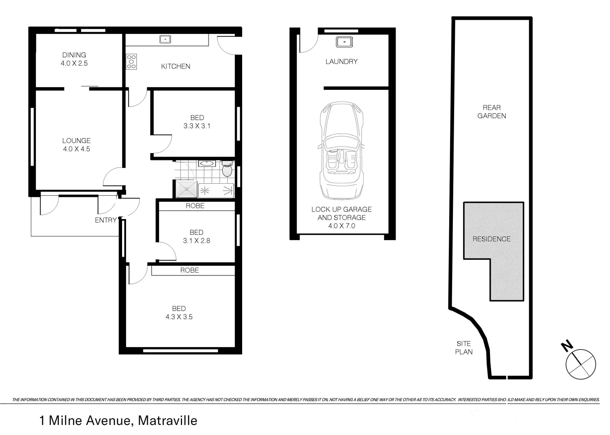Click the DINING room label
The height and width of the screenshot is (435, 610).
click(74, 55)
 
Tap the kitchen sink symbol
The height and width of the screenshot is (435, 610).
click(165, 39)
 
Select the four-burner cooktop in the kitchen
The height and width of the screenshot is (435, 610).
click(131, 62)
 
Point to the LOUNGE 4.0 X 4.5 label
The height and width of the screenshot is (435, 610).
click(76, 145)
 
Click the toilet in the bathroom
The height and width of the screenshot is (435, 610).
click(227, 170)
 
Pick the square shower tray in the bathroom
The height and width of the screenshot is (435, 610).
click(186, 189)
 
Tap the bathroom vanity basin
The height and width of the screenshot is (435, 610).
click(207, 164)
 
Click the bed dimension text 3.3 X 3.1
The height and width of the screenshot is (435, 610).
click(197, 126)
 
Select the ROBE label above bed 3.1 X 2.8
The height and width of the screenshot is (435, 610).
click(195, 206)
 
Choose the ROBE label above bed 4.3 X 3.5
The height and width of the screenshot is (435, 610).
click(189, 270)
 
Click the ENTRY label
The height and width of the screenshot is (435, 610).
click(106, 220)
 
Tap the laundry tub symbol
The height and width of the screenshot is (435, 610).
click(344, 41)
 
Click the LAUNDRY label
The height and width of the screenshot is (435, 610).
click(341, 62)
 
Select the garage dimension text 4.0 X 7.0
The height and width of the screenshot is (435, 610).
click(342, 226)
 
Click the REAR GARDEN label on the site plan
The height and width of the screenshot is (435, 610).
click(492, 112)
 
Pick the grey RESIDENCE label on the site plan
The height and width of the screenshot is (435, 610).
click(492, 239)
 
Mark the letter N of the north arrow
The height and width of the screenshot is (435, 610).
click(567, 345)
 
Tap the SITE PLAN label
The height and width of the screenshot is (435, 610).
click(464, 348)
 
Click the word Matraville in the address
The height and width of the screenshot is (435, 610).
click(168, 420)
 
